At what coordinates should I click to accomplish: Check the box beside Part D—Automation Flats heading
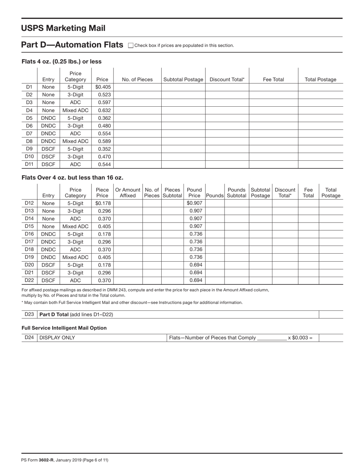(x=131, y=45)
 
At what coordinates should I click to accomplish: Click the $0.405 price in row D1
(x=103, y=87)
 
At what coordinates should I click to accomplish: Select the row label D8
(x=29, y=141)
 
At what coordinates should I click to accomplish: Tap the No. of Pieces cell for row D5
(x=137, y=118)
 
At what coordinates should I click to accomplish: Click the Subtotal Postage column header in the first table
(x=183, y=79)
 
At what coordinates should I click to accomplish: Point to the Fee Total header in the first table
(x=273, y=79)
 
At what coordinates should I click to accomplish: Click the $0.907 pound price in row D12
(x=194, y=203)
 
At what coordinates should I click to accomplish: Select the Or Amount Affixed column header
(x=128, y=193)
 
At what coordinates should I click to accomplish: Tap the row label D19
(x=29, y=257)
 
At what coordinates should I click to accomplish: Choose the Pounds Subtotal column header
(x=236, y=193)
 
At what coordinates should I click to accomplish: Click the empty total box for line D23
(x=331, y=314)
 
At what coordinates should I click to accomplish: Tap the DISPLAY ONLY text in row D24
(x=57, y=338)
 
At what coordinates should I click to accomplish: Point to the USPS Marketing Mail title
(x=63, y=28)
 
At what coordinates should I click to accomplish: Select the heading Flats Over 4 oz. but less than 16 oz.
(x=72, y=177)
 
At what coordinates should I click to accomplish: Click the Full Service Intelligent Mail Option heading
(x=64, y=328)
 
